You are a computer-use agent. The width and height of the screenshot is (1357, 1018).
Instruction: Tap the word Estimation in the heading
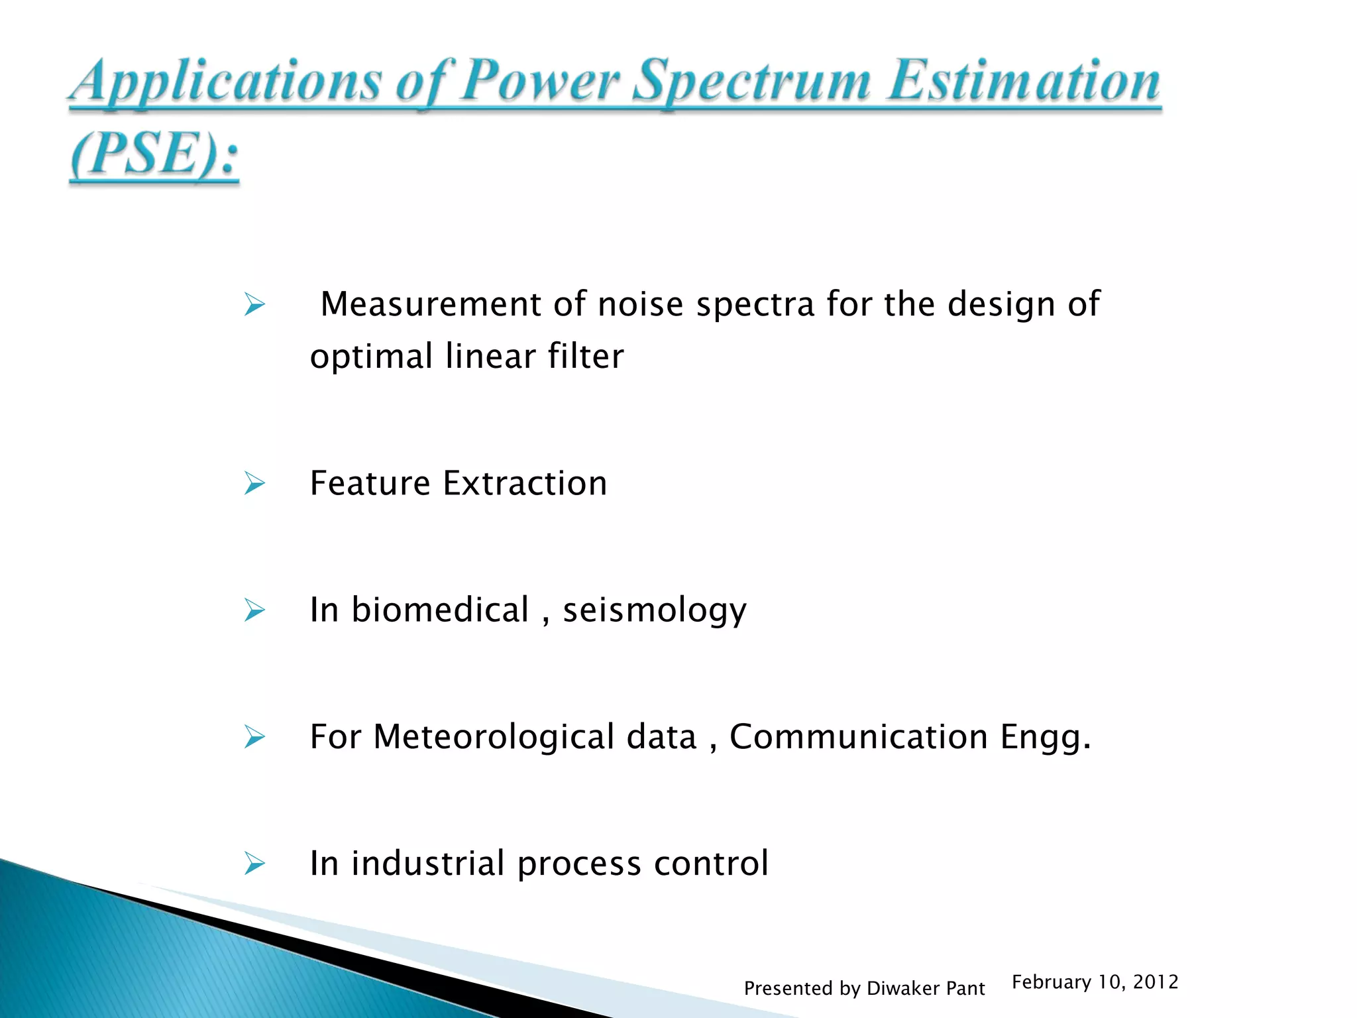coord(1024,81)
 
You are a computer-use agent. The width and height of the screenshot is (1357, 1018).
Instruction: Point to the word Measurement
coord(431,304)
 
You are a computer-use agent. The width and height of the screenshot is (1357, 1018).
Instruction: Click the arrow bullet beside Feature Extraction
coord(254,483)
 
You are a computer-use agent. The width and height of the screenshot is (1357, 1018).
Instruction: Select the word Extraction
coord(525,483)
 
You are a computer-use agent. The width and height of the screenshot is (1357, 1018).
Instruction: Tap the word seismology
coord(654,610)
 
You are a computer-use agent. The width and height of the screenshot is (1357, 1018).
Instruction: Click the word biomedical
coord(440,610)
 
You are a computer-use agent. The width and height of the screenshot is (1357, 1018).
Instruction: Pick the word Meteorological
coord(494,737)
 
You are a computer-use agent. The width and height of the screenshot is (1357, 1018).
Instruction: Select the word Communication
coord(859,737)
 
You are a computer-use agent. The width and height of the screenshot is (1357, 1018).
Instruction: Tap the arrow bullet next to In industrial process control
coord(254,864)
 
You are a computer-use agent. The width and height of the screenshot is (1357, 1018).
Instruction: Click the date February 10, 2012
coord(1095,982)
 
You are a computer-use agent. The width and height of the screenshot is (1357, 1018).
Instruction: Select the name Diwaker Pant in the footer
coord(926,988)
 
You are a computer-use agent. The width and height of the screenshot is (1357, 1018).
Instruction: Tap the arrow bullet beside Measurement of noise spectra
coord(254,305)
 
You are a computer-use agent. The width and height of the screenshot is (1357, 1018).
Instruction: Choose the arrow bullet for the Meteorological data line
coord(254,737)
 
